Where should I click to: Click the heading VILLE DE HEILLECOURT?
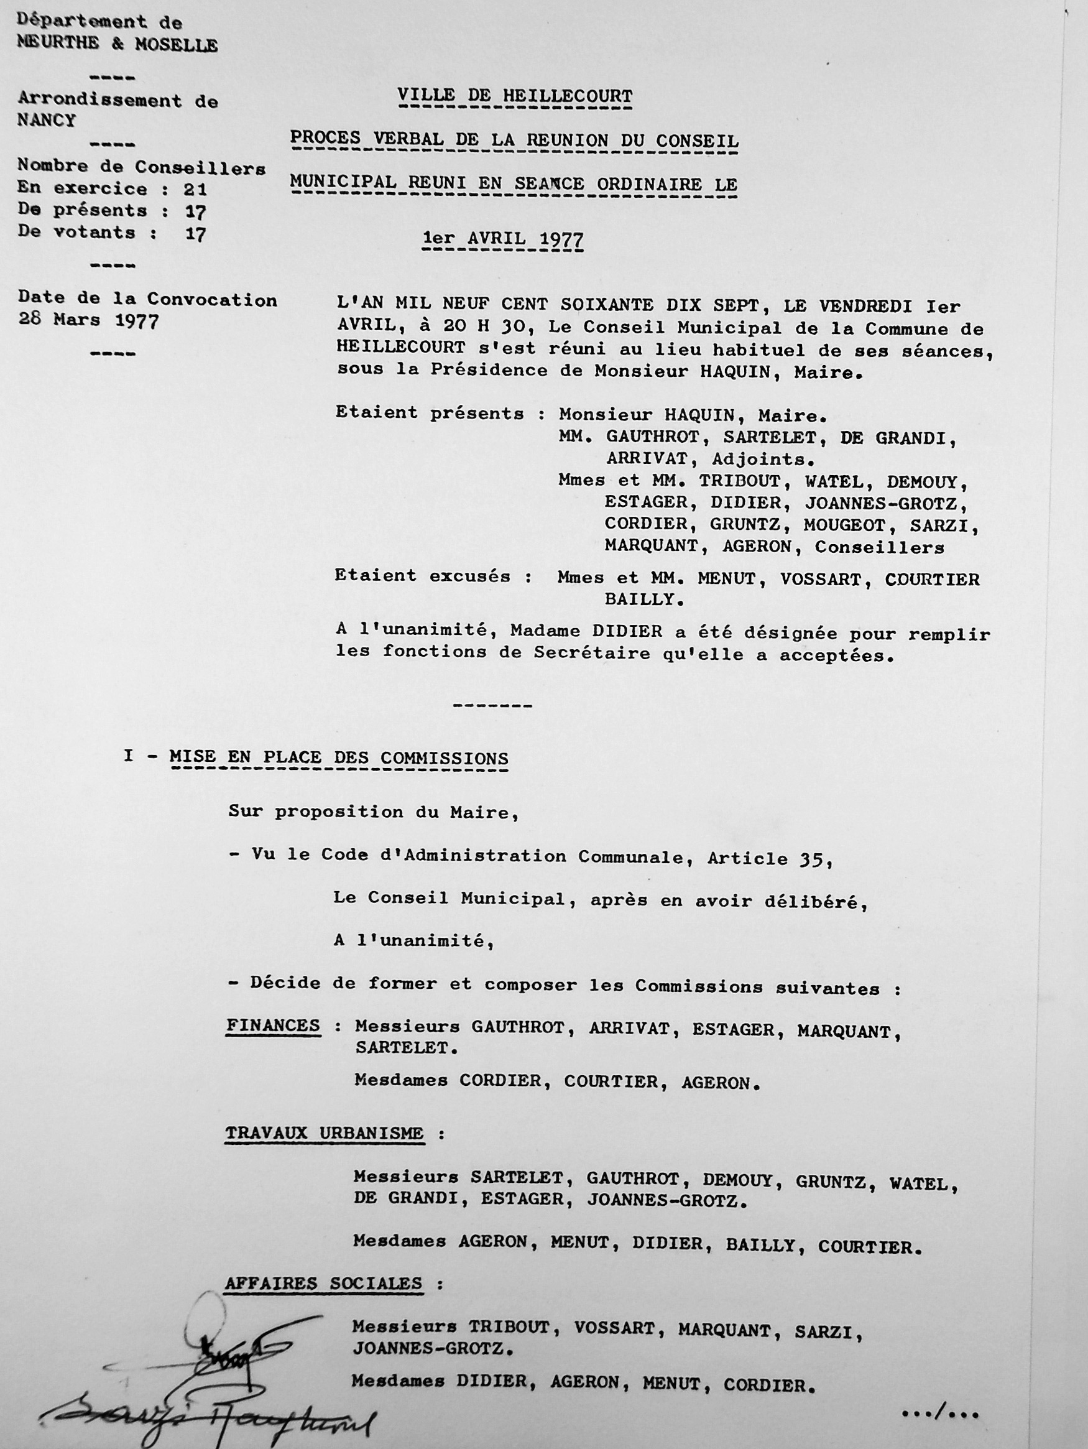[515, 96]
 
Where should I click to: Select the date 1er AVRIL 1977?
[503, 239]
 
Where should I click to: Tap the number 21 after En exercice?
[195, 189]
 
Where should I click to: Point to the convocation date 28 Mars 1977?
[88, 322]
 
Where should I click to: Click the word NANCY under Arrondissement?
[47, 121]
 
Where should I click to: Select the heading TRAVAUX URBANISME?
[325, 1132]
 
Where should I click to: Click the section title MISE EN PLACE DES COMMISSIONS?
[339, 758]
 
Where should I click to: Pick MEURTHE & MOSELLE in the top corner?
[118, 45]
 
